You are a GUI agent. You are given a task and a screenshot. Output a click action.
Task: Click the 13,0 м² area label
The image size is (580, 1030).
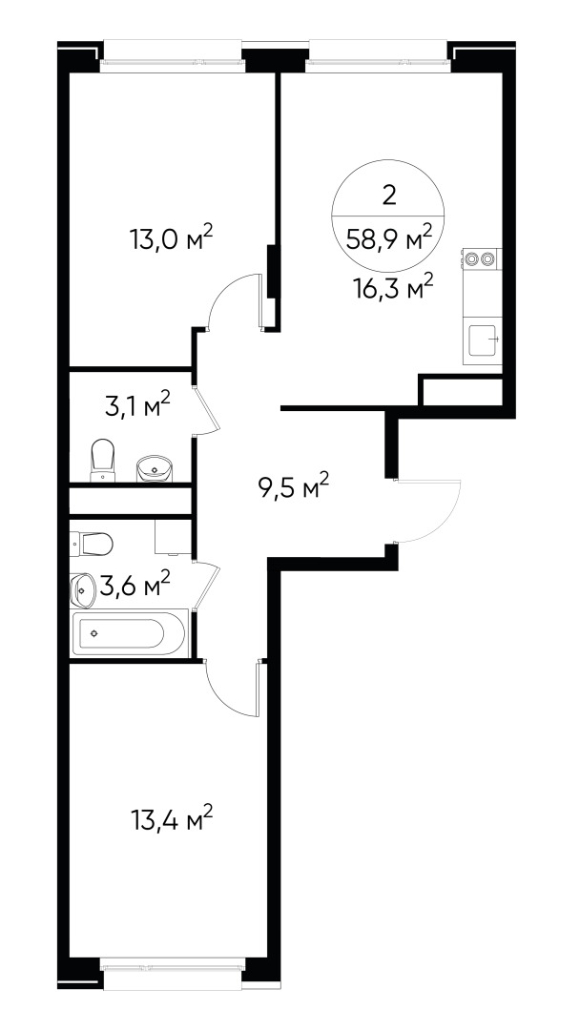coord(171,237)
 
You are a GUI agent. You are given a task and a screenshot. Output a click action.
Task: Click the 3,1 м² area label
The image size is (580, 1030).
coord(137,407)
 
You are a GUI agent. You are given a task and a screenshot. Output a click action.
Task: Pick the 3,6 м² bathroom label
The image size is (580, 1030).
coord(135,584)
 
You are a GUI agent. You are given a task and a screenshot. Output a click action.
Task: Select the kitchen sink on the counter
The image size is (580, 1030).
coord(483,339)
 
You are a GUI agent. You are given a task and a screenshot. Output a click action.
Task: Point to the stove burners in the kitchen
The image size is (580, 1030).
coord(480,257)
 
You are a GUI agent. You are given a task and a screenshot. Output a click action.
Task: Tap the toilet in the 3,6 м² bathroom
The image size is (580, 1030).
coord(93,545)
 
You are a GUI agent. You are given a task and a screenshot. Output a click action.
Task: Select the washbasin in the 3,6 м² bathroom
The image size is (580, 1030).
coord(83,589)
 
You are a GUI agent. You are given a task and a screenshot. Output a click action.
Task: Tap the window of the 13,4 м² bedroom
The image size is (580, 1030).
coord(173,965)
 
